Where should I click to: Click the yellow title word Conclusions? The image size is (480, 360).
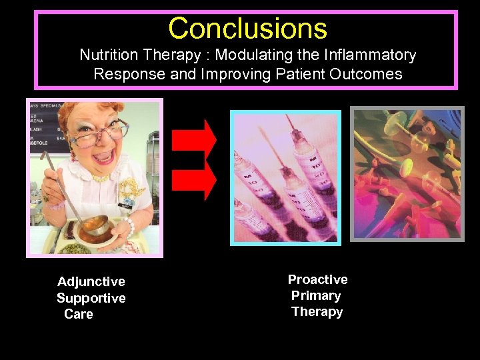(247, 29)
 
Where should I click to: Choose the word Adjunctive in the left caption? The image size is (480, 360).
(91, 282)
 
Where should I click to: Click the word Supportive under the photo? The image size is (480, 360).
(91, 298)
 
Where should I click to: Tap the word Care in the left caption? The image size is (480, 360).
(79, 314)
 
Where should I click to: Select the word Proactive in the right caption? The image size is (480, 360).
(317, 279)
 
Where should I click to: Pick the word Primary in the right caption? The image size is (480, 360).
(316, 295)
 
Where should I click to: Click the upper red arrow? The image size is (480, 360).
(194, 139)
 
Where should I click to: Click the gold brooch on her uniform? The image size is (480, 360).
(133, 189)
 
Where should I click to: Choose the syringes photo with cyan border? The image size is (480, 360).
(285, 177)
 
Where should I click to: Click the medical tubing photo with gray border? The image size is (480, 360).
(407, 173)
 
